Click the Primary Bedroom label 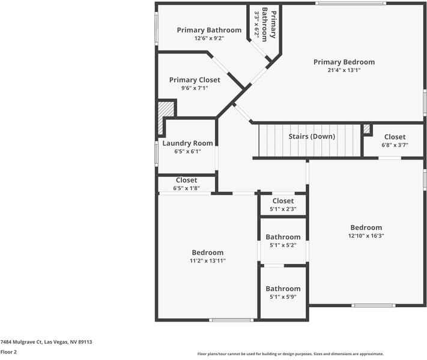344,62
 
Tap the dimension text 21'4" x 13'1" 344,70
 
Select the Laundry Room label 187,143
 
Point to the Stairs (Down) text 312,136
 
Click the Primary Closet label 195,80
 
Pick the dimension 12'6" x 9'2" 209,38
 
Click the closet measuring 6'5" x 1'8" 186,184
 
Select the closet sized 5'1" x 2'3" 283,205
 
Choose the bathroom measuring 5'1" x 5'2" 283,241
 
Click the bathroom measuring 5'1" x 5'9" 283,293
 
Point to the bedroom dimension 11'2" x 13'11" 208,261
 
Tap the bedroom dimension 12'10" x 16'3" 366,236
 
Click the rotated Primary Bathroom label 265,25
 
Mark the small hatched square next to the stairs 366,128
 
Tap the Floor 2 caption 8,352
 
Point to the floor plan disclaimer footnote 290,354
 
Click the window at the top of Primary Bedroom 351,4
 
